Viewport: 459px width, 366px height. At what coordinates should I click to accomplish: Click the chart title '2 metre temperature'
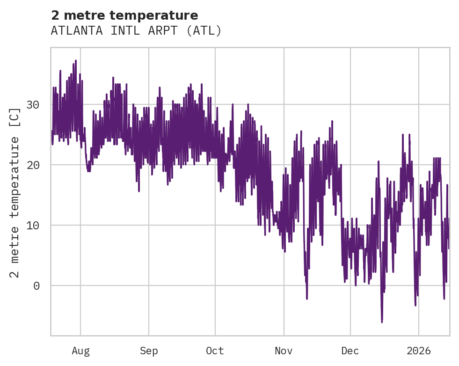click(x=124, y=15)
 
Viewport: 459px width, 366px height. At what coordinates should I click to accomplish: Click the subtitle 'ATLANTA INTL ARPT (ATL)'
click(x=136, y=31)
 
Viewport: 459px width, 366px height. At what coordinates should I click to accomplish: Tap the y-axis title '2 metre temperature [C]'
click(x=15, y=192)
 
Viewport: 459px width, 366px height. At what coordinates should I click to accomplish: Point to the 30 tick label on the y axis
click(x=33, y=105)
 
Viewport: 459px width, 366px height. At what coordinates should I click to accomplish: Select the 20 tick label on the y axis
click(x=33, y=165)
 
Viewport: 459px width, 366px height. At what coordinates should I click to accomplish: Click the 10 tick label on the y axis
click(x=33, y=226)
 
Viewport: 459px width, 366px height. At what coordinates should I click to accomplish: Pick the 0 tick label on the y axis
click(x=36, y=286)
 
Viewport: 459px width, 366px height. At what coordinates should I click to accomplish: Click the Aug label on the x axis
click(x=80, y=351)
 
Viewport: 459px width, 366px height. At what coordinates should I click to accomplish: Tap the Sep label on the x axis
click(x=149, y=351)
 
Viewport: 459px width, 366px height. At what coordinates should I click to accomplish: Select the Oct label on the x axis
click(x=215, y=351)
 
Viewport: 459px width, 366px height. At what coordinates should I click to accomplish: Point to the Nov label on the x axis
click(x=284, y=351)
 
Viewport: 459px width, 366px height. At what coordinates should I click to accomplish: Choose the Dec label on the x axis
click(x=350, y=351)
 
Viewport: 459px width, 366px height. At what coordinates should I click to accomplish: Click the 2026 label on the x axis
click(x=418, y=351)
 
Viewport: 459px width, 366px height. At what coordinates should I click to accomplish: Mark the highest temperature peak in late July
click(x=75, y=61)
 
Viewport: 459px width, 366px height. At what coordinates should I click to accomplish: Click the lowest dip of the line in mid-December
click(x=382, y=322)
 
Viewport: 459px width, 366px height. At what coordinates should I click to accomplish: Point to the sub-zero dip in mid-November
click(x=307, y=298)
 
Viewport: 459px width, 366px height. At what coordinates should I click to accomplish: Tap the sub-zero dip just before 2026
click(x=415, y=305)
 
